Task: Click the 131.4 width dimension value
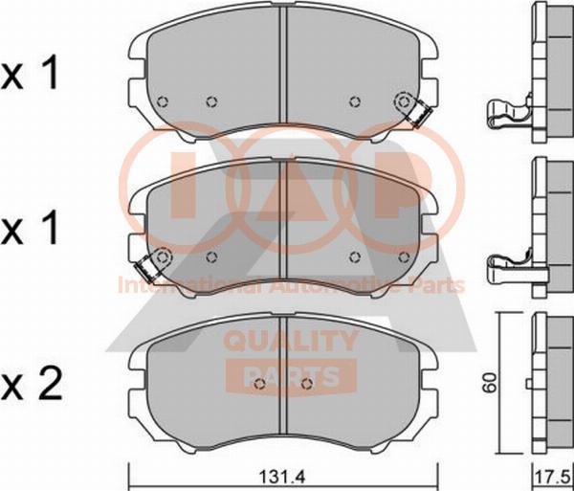(x=282, y=477)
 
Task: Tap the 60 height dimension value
(x=490, y=383)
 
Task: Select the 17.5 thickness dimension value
(x=555, y=478)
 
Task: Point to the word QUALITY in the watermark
(x=291, y=340)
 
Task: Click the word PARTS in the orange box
(x=291, y=376)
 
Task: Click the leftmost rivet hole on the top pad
(x=163, y=101)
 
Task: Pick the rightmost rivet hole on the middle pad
(x=405, y=257)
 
